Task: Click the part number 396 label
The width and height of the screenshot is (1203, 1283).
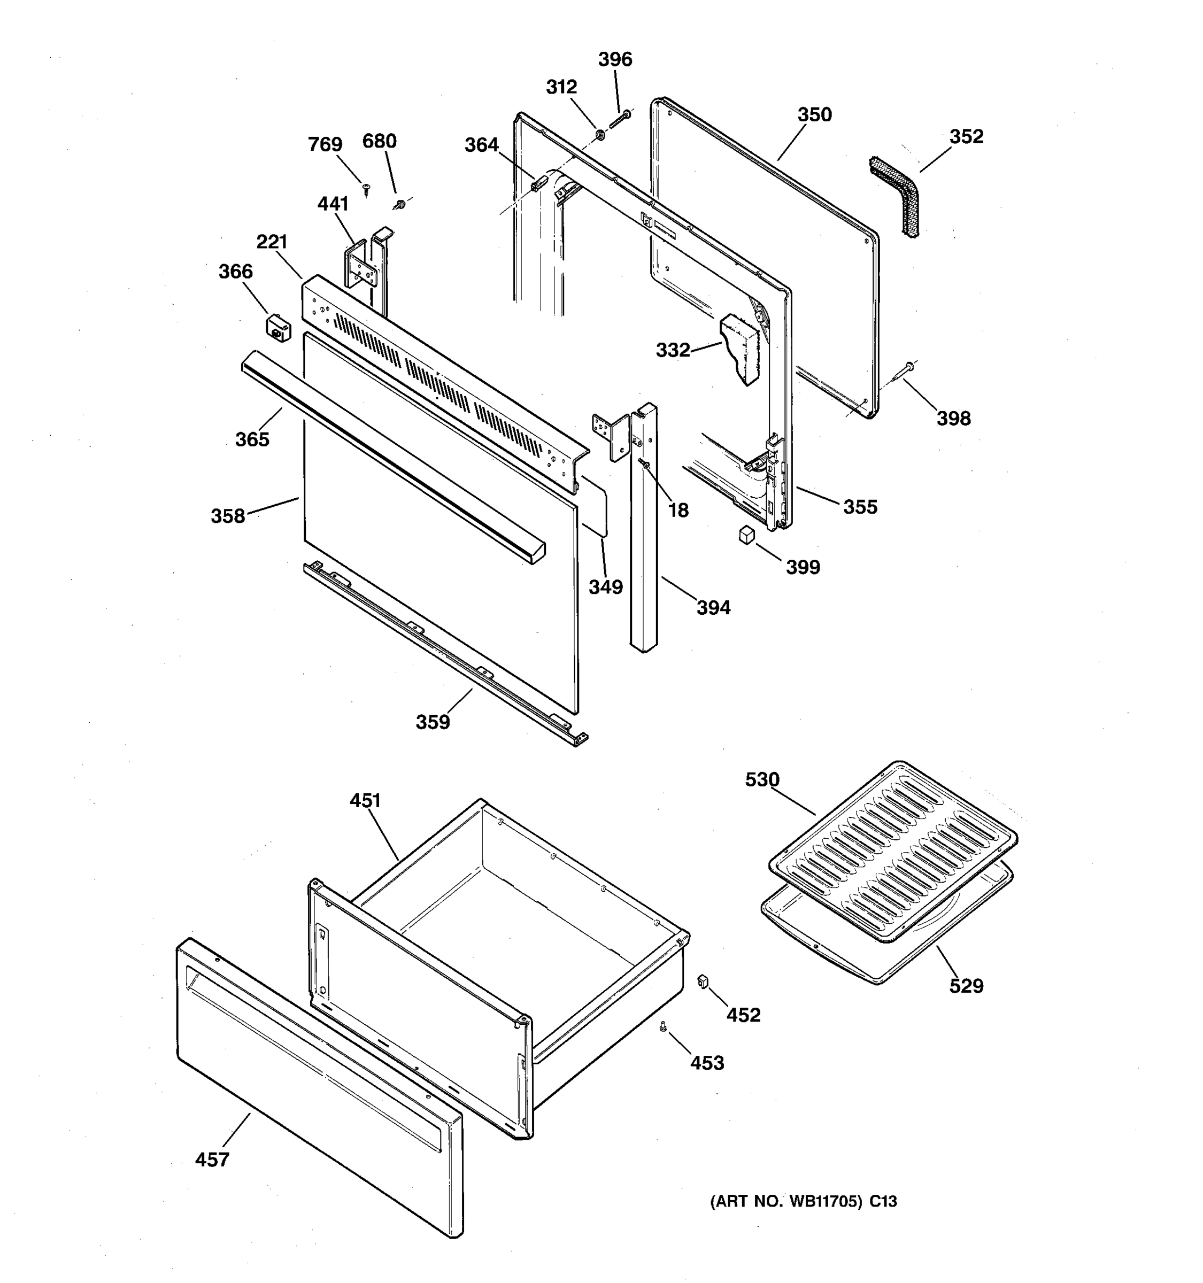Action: pyautogui.click(x=614, y=59)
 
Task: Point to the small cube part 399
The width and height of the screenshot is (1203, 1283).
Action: pyautogui.click(x=747, y=535)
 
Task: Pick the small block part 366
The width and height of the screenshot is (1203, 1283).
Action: pyautogui.click(x=278, y=327)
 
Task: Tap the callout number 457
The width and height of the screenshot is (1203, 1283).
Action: pyautogui.click(x=212, y=1160)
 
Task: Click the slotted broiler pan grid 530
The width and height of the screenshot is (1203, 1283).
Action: pyautogui.click(x=892, y=852)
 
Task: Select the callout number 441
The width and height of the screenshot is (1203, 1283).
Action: pyautogui.click(x=333, y=204)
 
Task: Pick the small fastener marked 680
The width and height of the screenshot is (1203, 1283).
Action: pyautogui.click(x=398, y=205)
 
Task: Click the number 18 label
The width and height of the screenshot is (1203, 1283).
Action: pyautogui.click(x=677, y=511)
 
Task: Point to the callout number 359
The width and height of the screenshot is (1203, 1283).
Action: pyautogui.click(x=432, y=722)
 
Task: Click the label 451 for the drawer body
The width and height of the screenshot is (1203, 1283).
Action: pyautogui.click(x=365, y=801)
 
